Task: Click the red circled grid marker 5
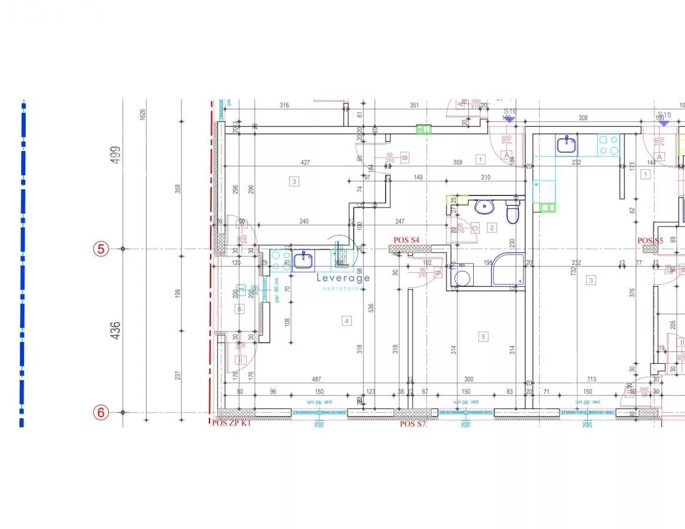[x=101, y=249]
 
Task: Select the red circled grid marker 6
[x=101, y=413]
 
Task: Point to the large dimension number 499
[x=116, y=155]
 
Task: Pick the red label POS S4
[x=407, y=240]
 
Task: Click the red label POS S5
[x=650, y=240]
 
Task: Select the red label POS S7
[x=413, y=423]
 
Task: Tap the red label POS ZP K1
[x=231, y=423]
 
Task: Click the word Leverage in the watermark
[x=343, y=278]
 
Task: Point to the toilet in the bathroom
[x=512, y=213]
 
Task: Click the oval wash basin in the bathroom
[x=485, y=206]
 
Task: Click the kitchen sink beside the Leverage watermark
[x=304, y=259]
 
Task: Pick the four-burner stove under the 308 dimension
[x=608, y=145]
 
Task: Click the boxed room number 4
[x=347, y=320]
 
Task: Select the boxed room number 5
[x=484, y=337]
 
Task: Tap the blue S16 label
[x=510, y=111]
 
